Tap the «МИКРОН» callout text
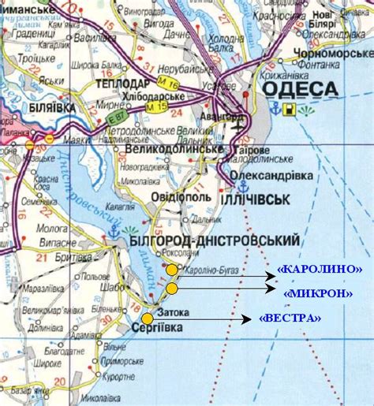(x=317, y=293)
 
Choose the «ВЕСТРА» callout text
(x=290, y=318)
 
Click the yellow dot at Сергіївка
(x=147, y=318)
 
